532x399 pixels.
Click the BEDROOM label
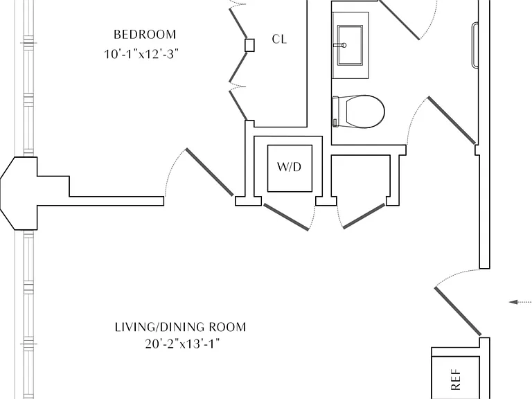coord(145,35)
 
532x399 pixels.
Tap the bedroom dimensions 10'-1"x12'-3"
coord(141,54)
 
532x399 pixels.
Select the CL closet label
coord(279,39)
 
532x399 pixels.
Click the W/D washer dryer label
coord(289,167)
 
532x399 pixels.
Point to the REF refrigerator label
coord(456,380)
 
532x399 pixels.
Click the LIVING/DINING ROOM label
coord(181,327)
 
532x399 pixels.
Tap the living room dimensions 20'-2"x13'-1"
coord(183,344)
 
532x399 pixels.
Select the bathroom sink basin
coord(350,45)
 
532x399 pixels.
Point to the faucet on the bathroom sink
coord(339,45)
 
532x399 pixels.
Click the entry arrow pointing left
coord(520,302)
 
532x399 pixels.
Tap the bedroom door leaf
coord(210,172)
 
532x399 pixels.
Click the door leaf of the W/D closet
coord(286,217)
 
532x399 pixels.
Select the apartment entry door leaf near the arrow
coord(458,311)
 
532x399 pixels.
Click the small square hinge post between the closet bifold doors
coord(249,45)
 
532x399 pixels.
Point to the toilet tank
coord(335,112)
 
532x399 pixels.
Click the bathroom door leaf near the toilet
coord(452,120)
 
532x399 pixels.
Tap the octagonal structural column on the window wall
coord(19,193)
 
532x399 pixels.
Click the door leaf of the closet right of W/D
coord(364,216)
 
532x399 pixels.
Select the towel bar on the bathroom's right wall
coord(475,45)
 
